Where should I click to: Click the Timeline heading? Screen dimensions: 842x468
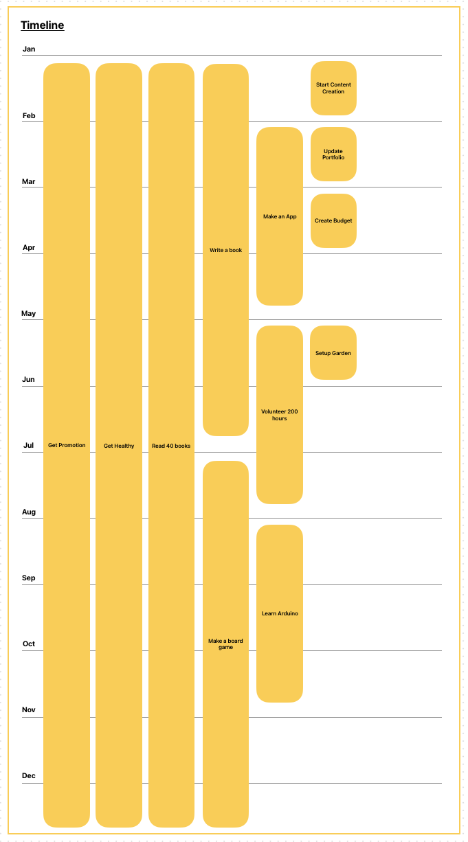(42, 25)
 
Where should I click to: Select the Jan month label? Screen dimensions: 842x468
(29, 49)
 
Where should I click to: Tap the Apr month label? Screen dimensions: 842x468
(29, 248)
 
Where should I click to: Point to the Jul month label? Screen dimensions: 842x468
(28, 446)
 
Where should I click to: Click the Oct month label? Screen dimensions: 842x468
(29, 644)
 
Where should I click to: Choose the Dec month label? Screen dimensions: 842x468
(29, 776)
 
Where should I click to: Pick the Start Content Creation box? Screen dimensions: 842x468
(333, 88)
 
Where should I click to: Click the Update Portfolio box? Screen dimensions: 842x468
(333, 155)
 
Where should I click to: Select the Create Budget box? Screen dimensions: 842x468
(333, 220)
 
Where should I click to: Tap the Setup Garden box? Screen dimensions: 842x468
(333, 353)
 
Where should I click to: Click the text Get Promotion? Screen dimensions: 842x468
(67, 446)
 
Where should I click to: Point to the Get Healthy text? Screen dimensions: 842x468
(119, 446)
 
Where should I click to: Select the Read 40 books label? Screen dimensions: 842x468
(171, 446)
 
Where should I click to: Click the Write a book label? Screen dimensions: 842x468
(225, 250)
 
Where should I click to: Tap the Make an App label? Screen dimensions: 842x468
(280, 216)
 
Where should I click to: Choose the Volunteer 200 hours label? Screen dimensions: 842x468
(280, 415)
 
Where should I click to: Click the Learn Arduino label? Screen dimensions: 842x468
(280, 613)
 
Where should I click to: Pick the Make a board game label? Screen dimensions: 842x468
(225, 644)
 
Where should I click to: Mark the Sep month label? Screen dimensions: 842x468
(29, 578)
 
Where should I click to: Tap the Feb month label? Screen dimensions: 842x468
(29, 116)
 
